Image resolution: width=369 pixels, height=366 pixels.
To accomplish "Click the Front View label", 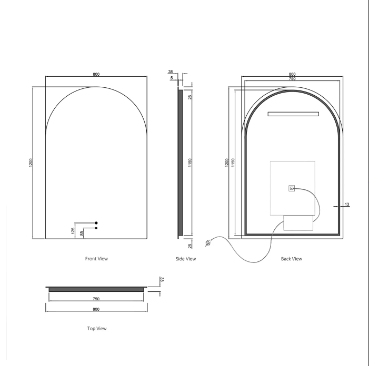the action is [x=96, y=259].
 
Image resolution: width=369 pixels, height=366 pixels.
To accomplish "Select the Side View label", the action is [x=186, y=259].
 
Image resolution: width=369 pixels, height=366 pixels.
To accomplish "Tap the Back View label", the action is [x=292, y=259].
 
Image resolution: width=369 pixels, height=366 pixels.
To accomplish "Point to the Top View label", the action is [x=97, y=328].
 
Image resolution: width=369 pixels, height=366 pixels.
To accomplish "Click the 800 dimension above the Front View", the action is [x=96, y=74].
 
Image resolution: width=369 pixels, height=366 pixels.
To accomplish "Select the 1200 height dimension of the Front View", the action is [x=31, y=163].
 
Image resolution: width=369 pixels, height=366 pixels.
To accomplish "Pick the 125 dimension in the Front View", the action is [x=73, y=231].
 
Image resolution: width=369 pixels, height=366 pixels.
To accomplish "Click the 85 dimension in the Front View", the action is [x=82, y=233].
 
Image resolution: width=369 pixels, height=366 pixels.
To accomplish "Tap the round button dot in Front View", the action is [x=96, y=223].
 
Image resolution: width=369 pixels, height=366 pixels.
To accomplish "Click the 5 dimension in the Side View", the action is [x=172, y=78].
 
